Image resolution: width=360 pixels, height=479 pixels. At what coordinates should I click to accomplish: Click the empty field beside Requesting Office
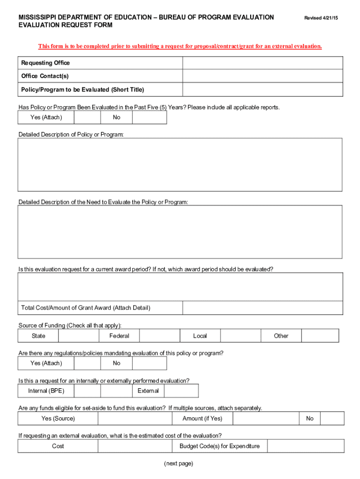(262, 63)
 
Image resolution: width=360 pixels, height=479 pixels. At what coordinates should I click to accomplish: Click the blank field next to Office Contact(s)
(262, 76)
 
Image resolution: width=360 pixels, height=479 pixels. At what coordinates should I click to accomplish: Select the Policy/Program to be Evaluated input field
(262, 90)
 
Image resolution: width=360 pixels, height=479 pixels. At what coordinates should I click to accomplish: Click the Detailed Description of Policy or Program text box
(180, 165)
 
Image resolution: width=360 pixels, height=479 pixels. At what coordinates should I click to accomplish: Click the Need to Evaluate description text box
(180, 232)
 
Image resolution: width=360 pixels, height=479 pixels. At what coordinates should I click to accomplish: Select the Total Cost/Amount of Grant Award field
(262, 308)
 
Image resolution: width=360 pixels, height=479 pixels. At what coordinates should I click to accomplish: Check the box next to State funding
(79, 336)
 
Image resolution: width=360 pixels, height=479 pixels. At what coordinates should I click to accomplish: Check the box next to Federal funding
(159, 336)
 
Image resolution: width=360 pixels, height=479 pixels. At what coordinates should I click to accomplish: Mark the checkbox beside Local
(240, 336)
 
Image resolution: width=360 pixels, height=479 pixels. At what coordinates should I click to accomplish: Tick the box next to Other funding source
(320, 336)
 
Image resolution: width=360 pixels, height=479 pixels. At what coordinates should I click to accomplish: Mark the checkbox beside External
(181, 391)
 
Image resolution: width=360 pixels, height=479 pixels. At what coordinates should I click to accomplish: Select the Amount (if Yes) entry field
(265, 419)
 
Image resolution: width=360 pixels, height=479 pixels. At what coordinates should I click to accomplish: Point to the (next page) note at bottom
(178, 464)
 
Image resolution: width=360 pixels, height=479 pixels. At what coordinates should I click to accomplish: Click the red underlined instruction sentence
(180, 46)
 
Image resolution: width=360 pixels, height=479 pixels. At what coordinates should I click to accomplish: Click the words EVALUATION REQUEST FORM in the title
(65, 25)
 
